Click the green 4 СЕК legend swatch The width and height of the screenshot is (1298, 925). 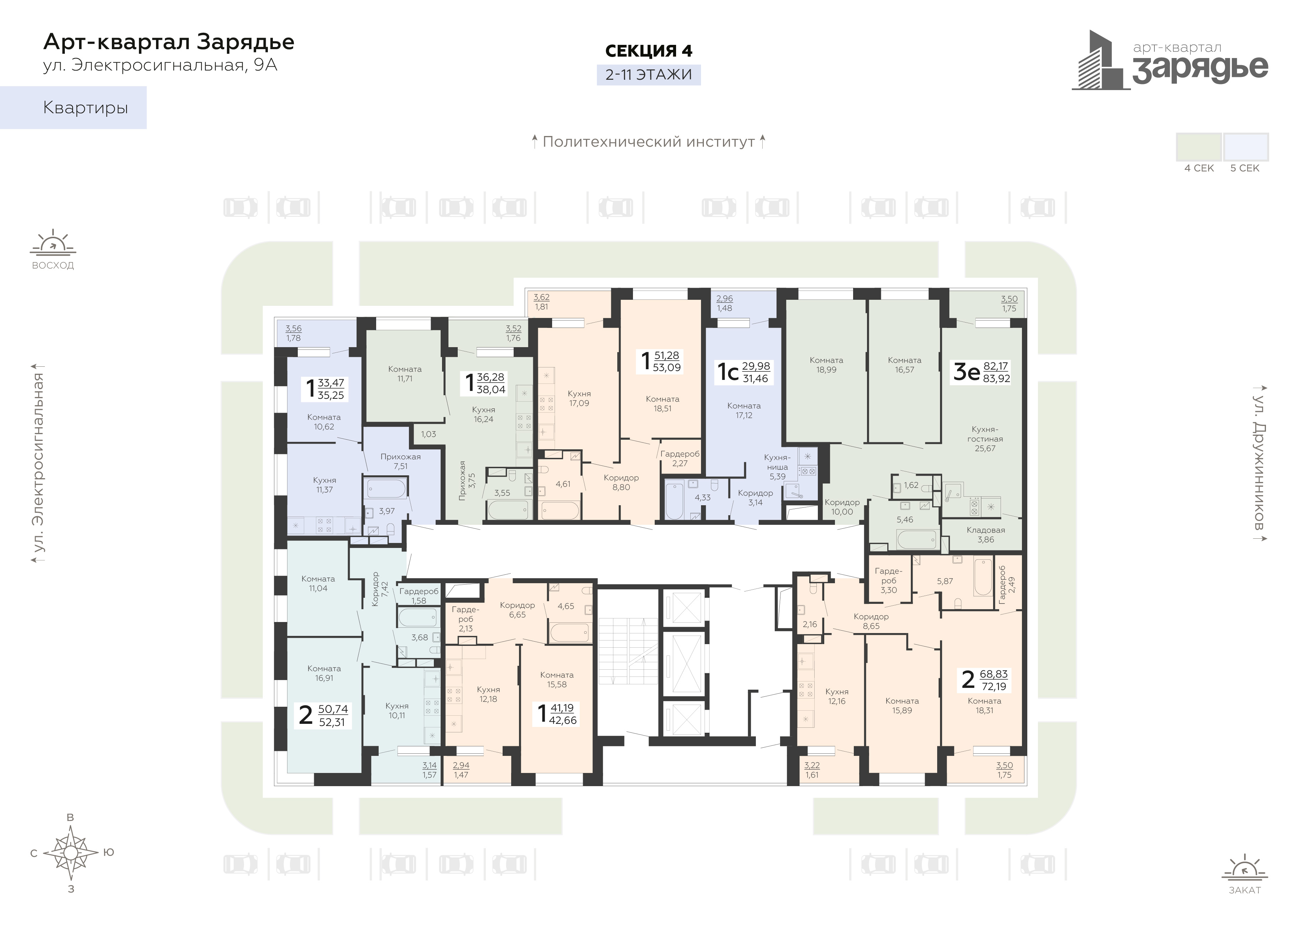click(x=1199, y=147)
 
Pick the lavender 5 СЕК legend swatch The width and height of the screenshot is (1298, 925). click(x=1246, y=147)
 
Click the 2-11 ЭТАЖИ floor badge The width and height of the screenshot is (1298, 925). click(x=648, y=75)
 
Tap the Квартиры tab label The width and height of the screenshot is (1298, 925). click(x=85, y=108)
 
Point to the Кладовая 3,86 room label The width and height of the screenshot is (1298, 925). click(x=985, y=534)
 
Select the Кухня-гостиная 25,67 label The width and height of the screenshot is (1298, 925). click(x=985, y=439)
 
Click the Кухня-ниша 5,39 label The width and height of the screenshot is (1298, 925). click(x=777, y=467)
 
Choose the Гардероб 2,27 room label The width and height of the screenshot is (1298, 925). click(x=680, y=459)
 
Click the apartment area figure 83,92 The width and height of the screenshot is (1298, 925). click(x=997, y=378)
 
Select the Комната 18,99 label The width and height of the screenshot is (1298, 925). click(x=826, y=365)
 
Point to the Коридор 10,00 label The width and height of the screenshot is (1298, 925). click(x=842, y=507)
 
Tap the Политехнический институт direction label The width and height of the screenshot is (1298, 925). click(x=648, y=142)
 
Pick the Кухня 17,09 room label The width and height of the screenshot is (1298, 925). click(x=579, y=398)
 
